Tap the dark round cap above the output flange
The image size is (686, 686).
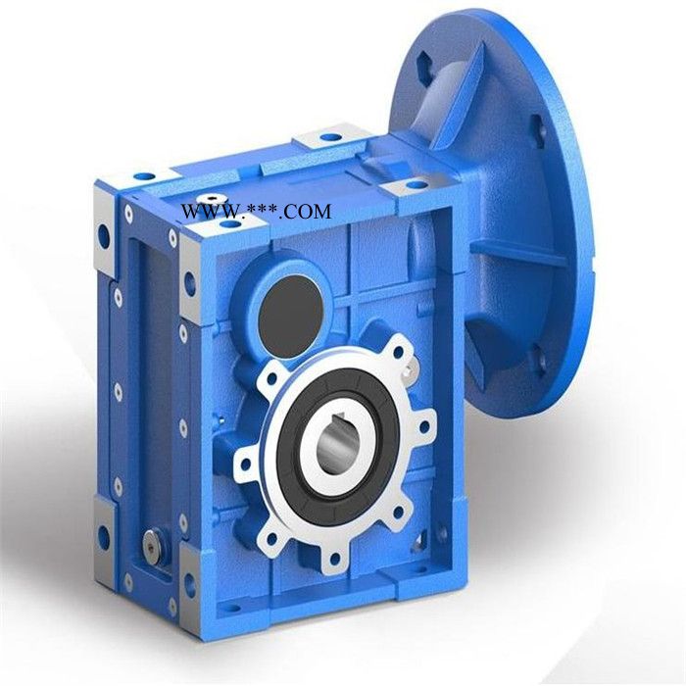click(x=291, y=318)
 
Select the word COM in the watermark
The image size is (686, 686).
click(x=308, y=213)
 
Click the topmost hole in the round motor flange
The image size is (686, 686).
click(x=424, y=61)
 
